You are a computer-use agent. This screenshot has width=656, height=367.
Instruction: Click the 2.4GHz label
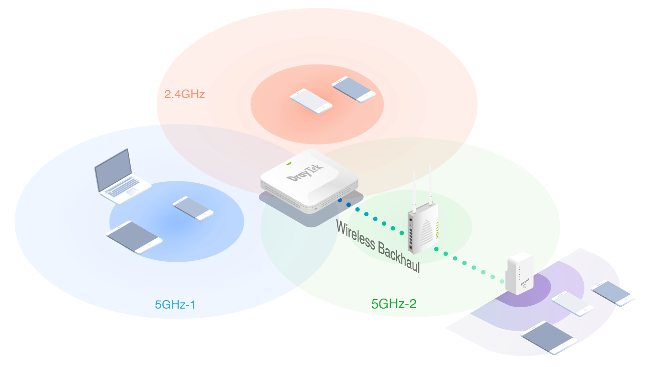pos(184,94)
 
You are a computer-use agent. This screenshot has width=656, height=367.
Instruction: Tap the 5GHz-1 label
pos(175,305)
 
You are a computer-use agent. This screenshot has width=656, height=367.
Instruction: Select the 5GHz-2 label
pos(394,304)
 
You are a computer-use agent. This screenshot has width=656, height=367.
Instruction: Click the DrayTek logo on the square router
pos(305,173)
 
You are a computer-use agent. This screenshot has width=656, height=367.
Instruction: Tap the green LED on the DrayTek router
pos(289,164)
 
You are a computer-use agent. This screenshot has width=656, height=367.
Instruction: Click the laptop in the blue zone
pos(122,177)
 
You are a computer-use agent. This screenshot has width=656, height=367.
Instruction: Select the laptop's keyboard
pos(123,187)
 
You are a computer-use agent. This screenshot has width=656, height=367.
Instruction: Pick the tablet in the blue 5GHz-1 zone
pos(134,237)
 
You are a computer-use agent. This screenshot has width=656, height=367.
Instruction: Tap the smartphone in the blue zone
pos(193,208)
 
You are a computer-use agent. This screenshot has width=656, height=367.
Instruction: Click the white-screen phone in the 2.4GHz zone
pos(311,101)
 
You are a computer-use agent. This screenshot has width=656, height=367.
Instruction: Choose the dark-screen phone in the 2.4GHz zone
pos(354,89)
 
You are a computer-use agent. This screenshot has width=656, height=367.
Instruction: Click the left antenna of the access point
pos(414,192)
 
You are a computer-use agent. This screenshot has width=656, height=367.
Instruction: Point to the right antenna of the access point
pos(430,184)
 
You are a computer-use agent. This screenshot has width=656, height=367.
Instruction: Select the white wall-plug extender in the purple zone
pos(519,274)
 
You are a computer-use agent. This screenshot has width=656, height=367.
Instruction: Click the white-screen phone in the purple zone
pos(573,304)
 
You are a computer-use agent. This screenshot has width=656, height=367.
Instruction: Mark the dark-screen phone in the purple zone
pos(612,293)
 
